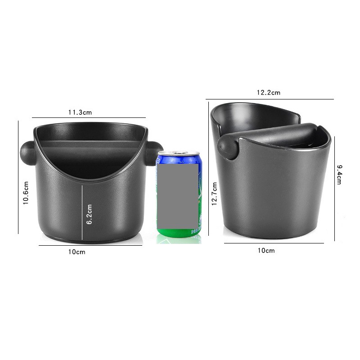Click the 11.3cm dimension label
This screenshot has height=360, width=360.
[80, 112]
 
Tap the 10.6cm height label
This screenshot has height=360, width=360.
[26, 193]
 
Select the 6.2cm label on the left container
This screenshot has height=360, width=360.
[89, 214]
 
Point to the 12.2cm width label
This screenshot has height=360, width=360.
[268, 93]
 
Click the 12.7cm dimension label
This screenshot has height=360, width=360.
[214, 194]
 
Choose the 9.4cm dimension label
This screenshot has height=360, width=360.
[339, 175]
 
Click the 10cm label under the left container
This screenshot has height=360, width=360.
[76, 252]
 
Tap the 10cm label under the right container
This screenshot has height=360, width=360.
[266, 251]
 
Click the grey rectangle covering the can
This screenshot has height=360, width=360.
[178, 197]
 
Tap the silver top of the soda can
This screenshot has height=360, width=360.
[179, 153]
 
